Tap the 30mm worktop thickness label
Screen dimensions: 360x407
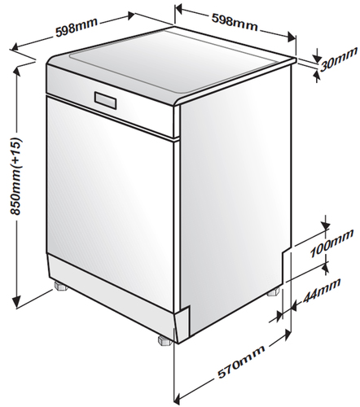pos(338,59)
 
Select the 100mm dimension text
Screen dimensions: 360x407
pos(332,244)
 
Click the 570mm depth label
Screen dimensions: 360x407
pos(241,361)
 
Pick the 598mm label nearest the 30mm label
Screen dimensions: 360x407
pos(235,22)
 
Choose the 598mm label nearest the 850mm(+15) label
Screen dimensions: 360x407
pos(77,27)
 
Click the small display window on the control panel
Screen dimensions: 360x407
pos(106,100)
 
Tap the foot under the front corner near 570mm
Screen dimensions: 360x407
pos(164,340)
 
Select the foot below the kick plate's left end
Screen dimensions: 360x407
pos(60,286)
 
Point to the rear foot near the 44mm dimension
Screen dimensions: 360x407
pos(274,292)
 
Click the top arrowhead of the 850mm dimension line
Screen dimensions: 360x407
pos(17,71)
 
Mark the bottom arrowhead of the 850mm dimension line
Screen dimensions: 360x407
pos(17,303)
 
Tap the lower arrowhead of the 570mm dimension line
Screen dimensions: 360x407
pos(178,400)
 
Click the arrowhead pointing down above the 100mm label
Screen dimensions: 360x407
pos(326,225)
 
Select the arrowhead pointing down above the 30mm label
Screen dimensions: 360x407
pos(316,58)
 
